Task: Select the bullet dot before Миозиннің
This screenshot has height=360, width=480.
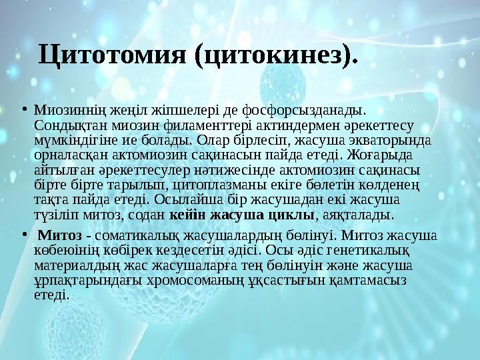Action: (x=23, y=107)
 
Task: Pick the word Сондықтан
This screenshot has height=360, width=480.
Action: (x=63, y=125)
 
